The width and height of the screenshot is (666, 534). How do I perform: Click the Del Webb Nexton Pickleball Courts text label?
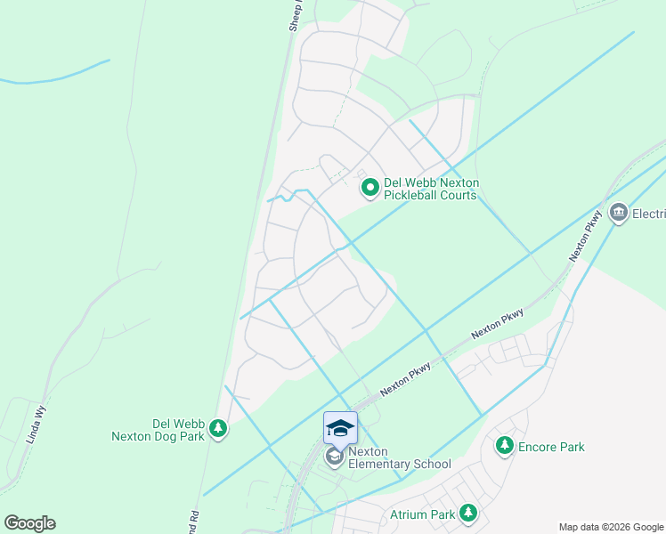432,189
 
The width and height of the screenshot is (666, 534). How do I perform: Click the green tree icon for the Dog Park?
218,431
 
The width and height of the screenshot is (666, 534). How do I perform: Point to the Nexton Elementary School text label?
399,457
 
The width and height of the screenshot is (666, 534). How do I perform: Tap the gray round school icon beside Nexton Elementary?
334,457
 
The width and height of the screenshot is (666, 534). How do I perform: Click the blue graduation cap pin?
340,428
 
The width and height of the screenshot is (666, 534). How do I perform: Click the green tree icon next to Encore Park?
505,445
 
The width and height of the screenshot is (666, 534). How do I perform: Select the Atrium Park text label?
422,514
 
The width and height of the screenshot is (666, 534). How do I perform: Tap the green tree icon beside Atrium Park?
467,514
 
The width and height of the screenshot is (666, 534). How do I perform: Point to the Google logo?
29,523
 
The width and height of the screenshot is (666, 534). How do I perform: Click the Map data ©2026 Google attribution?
610,527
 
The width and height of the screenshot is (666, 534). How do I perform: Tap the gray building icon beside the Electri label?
619,214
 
